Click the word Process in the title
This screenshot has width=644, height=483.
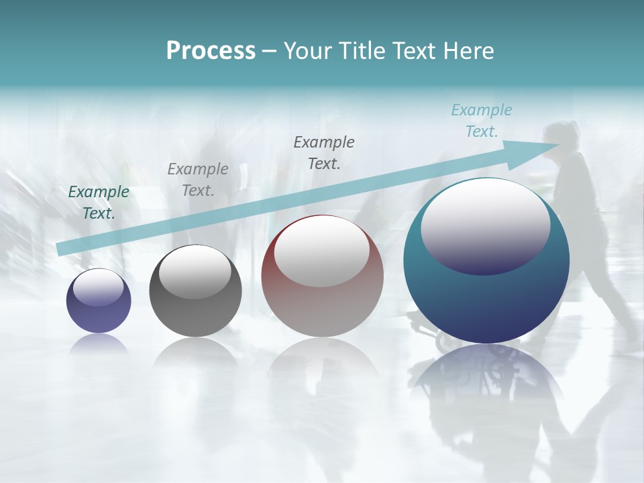(211, 51)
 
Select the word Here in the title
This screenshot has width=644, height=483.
(469, 51)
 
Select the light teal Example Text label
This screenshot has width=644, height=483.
(482, 121)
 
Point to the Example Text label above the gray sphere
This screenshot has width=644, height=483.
(198, 179)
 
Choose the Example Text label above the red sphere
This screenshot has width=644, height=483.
(324, 152)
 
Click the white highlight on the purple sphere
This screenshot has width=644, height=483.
(98, 288)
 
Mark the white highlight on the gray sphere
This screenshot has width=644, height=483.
(195, 272)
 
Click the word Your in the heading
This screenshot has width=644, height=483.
(305, 51)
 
